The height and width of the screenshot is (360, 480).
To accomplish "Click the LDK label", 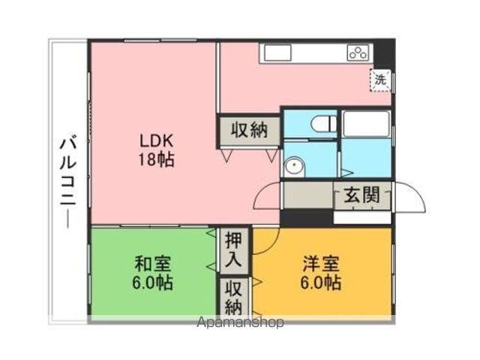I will pos(156,140).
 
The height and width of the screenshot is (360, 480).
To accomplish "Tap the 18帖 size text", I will pos(156,160).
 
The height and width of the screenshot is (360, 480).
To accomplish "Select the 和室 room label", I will pos(153,264).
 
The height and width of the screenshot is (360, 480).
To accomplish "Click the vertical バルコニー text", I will pos(69,181).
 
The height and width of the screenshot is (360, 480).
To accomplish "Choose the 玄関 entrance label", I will pos(361,196).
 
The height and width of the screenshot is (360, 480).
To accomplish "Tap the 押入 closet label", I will pos(233,252).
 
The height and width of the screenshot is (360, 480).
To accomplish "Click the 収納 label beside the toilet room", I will pos(249,130).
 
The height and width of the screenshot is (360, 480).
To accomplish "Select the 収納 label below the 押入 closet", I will pos(233,298).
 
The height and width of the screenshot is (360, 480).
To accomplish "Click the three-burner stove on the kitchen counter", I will pos(358,52).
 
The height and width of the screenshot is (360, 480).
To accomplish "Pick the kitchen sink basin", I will pos(277,52).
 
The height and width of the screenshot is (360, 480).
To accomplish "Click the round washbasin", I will pos(294,166).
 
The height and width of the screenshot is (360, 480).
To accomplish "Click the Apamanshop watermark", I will pos(240,323).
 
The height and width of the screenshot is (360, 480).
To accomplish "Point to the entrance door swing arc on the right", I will pos(409,196).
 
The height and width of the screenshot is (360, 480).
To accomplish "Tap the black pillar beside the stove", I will pos(383,52).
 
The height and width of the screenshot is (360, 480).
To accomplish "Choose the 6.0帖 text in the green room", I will pos(153,283).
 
